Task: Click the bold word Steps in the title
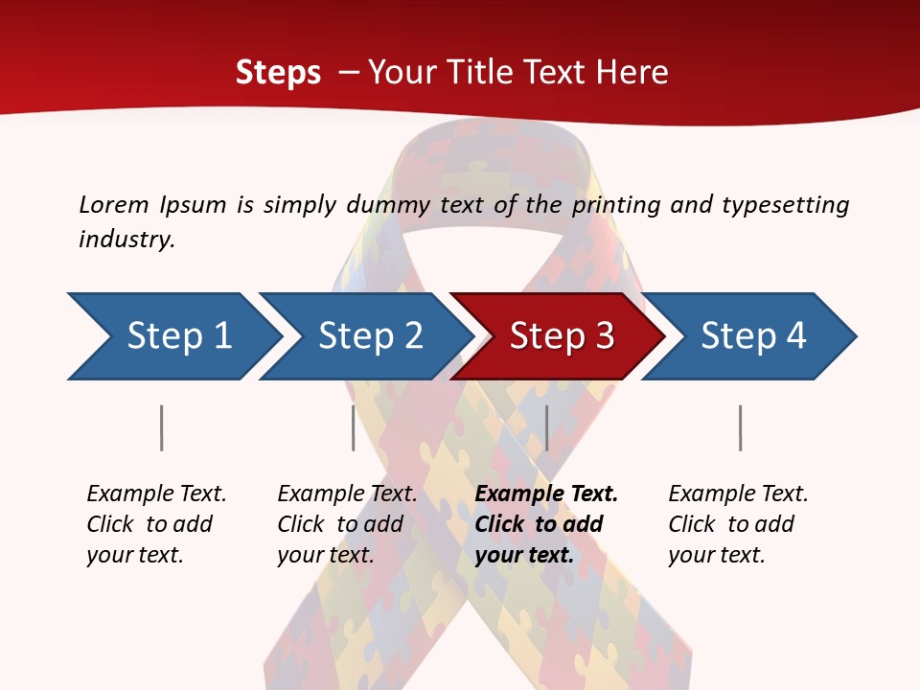(278, 73)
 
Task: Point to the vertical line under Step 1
(161, 427)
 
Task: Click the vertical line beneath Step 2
(353, 427)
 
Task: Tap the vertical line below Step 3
(546, 427)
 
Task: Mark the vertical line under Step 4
(740, 427)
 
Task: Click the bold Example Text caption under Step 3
(546, 524)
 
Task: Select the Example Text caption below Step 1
(156, 524)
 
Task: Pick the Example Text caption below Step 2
(347, 524)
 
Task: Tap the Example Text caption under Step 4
(738, 524)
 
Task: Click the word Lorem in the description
(114, 204)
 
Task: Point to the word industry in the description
(126, 239)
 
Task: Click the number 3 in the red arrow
(604, 336)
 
